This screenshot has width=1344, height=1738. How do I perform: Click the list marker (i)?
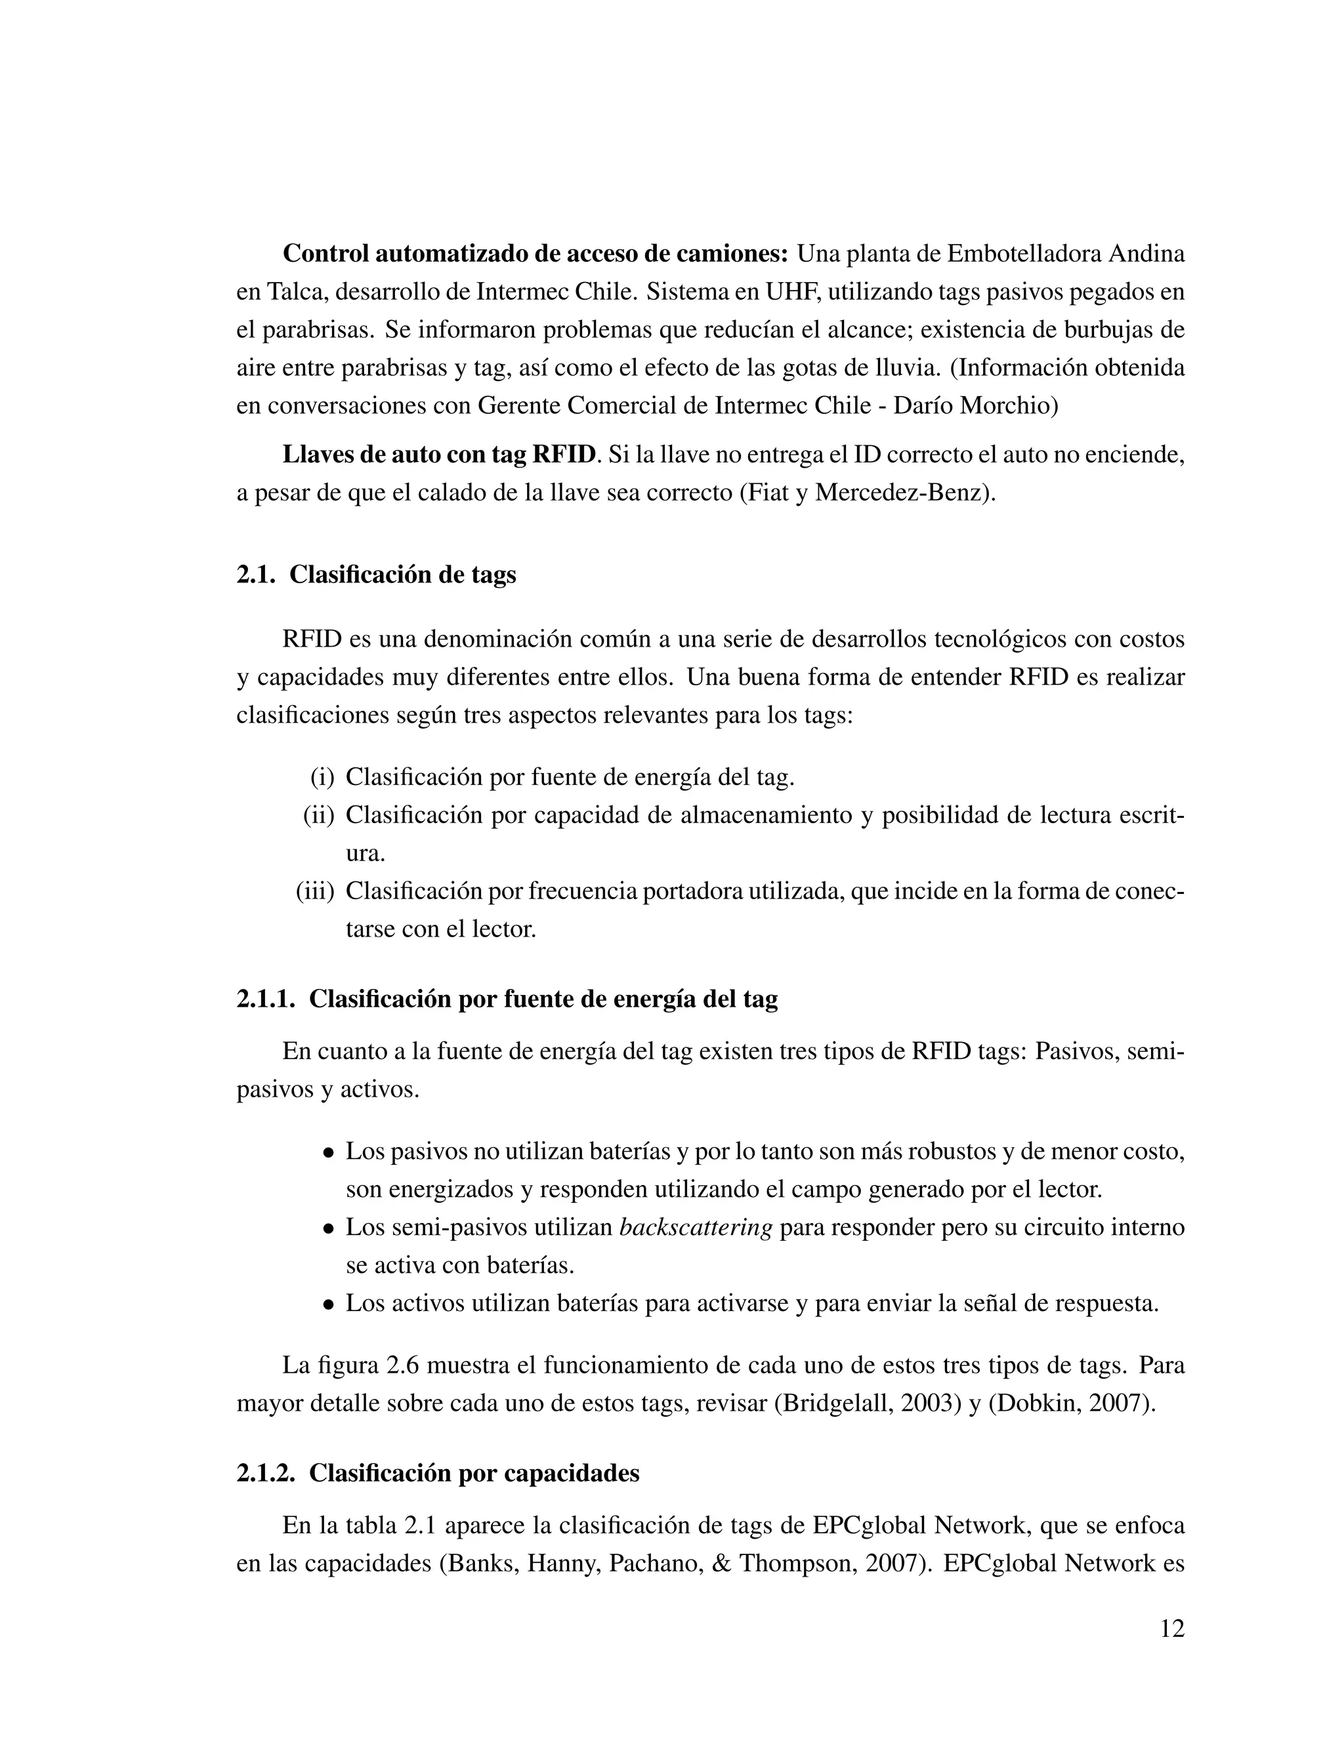322,777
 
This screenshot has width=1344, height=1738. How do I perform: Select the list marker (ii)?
318,815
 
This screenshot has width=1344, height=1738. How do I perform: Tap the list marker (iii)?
315,891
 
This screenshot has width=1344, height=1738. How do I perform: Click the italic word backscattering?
696,1227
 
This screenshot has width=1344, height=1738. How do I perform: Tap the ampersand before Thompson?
721,1564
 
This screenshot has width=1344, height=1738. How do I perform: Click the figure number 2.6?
403,1365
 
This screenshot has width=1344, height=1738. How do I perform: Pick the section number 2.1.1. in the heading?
266,999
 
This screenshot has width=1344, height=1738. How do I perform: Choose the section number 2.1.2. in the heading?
266,1473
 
